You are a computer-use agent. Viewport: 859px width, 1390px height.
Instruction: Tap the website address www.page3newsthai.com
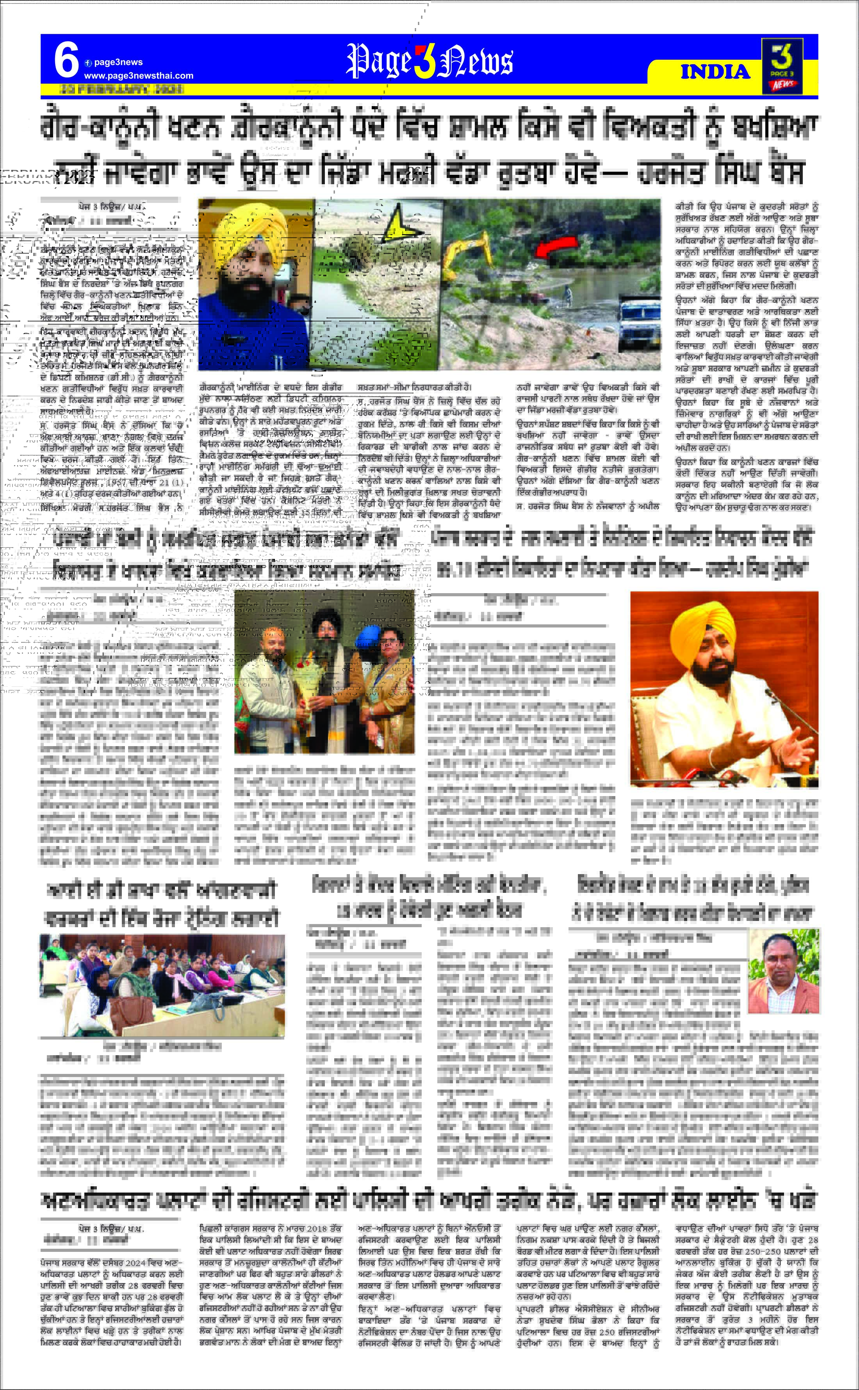click(x=139, y=76)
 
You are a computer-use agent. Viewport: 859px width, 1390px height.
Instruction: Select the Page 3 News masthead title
click(x=429, y=61)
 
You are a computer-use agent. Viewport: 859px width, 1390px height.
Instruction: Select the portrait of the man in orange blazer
click(x=783, y=974)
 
